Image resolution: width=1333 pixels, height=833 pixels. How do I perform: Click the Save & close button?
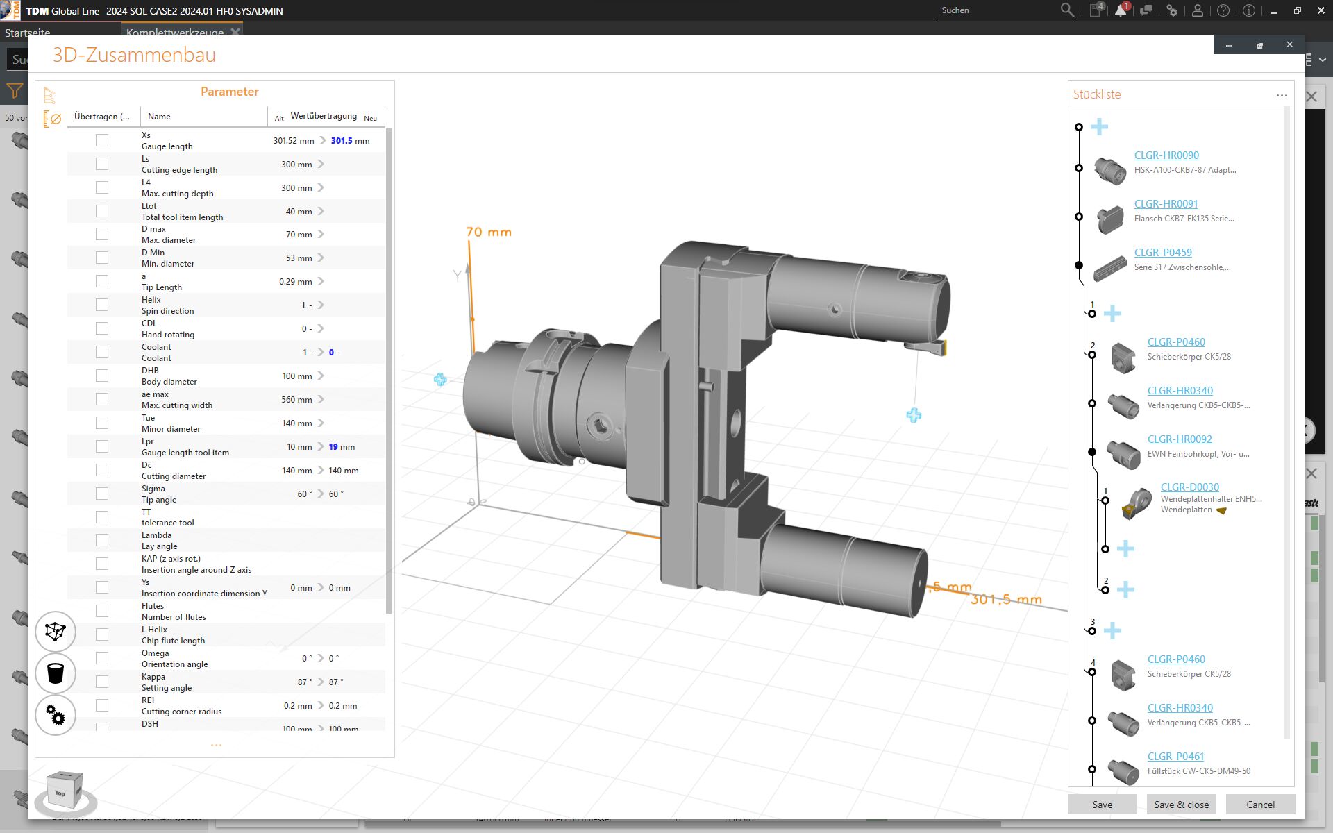pyautogui.click(x=1181, y=805)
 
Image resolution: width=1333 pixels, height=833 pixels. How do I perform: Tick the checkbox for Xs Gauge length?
pyautogui.click(x=102, y=140)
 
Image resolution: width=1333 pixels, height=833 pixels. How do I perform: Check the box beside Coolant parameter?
pyautogui.click(x=102, y=352)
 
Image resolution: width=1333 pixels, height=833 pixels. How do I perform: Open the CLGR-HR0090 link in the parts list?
pyautogui.click(x=1166, y=155)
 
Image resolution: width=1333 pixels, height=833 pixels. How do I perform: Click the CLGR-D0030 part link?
pyautogui.click(x=1189, y=487)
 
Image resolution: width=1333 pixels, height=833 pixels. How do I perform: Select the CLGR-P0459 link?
pyautogui.click(x=1163, y=253)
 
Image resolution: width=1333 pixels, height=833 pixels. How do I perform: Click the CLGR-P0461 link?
pyautogui.click(x=1175, y=757)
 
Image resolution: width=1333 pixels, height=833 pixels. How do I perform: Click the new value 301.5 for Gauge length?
pyautogui.click(x=342, y=141)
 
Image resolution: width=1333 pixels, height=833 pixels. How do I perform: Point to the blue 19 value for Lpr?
pyautogui.click(x=333, y=447)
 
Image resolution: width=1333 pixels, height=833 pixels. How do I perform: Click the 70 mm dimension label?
pyautogui.click(x=489, y=232)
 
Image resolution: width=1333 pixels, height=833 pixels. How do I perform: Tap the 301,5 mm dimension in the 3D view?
pyautogui.click(x=1006, y=599)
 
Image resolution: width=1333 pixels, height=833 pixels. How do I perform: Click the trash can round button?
pyautogui.click(x=56, y=673)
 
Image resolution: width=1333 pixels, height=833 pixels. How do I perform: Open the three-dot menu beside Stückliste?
pyautogui.click(x=1282, y=95)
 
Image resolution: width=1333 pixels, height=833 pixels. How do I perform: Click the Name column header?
pyautogui.click(x=159, y=117)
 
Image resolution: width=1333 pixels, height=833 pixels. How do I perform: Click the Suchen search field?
pyautogui.click(x=997, y=10)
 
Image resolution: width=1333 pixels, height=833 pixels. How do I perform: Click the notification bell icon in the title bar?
pyautogui.click(x=1120, y=10)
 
